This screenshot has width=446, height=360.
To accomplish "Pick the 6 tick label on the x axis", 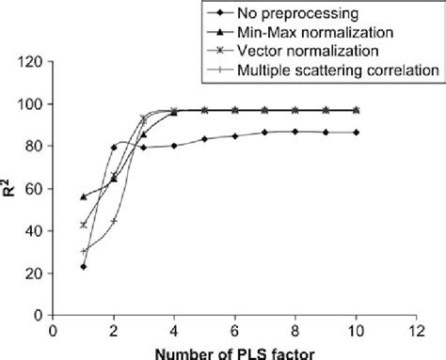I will (x=235, y=331).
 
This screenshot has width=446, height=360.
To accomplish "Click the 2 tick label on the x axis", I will (x=114, y=331).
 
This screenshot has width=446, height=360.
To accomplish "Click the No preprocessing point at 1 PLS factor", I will (x=84, y=267).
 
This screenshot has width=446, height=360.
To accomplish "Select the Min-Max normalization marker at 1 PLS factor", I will (x=84, y=196).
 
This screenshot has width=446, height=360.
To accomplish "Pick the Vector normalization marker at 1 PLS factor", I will (x=84, y=225).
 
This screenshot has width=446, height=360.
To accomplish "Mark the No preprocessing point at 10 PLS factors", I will (x=358, y=133).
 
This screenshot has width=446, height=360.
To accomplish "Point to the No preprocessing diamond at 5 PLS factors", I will (x=205, y=139).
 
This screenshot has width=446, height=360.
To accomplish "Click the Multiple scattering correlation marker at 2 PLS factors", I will (x=114, y=221).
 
